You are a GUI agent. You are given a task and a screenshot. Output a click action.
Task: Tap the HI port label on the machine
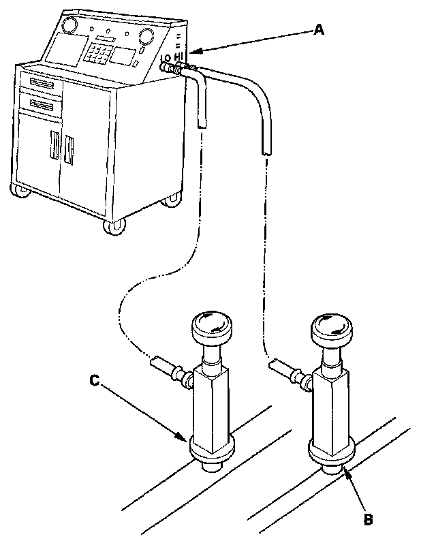(179, 55)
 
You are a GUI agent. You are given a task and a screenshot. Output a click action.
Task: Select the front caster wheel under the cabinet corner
(112, 226)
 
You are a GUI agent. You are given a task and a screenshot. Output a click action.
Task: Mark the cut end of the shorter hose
(202, 123)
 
